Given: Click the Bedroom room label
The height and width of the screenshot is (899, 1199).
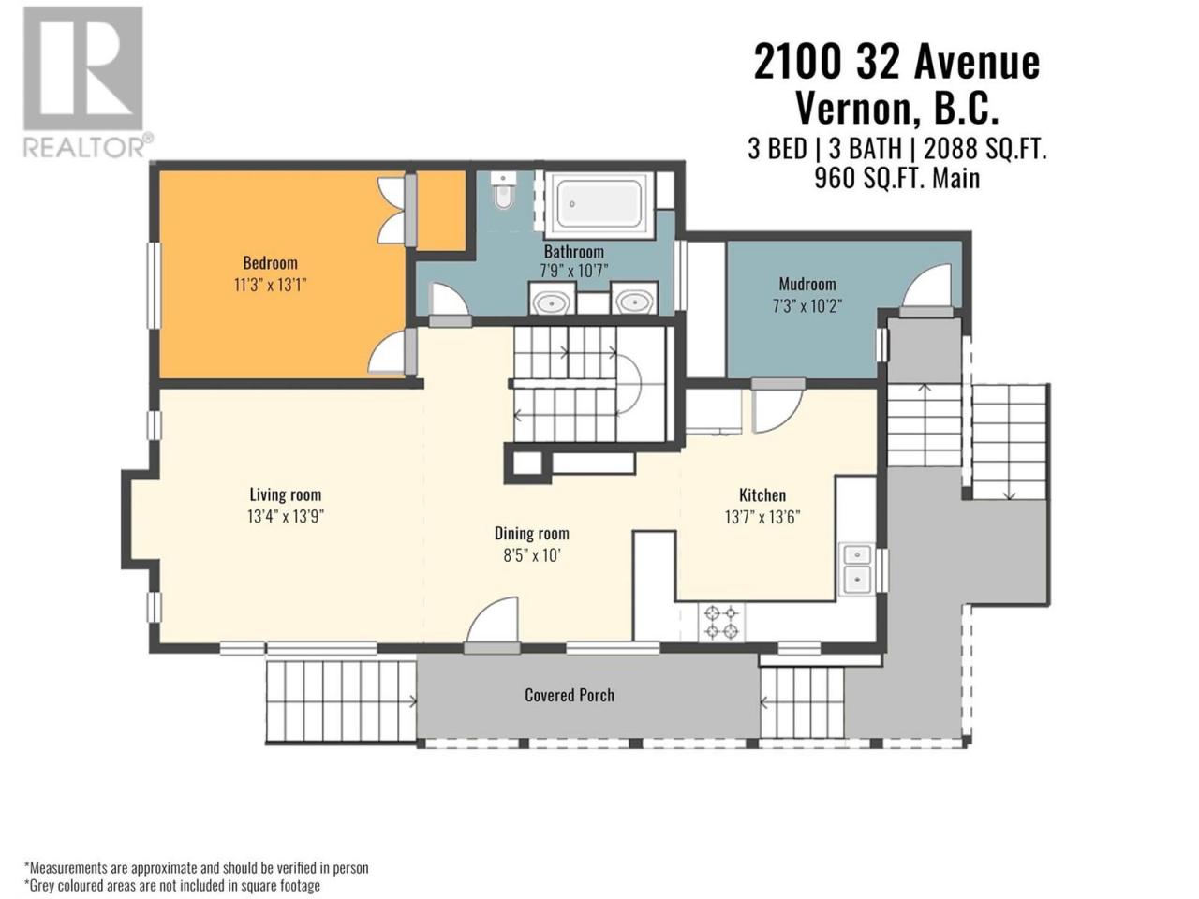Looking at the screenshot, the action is click(x=270, y=263).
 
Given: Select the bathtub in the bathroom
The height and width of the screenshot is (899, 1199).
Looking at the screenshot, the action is click(x=599, y=205).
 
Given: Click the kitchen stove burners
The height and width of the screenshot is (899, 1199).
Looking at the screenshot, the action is click(x=721, y=623).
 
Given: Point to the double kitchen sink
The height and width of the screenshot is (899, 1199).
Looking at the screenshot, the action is click(x=857, y=568).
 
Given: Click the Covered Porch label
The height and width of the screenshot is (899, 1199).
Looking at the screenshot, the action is click(x=570, y=696).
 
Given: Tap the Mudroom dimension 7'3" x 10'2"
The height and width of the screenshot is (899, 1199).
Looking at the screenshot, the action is click(x=807, y=305).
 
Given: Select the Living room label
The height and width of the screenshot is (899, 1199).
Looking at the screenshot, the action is click(x=285, y=494).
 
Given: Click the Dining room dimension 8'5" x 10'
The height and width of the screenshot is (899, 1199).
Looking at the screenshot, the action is click(x=532, y=555).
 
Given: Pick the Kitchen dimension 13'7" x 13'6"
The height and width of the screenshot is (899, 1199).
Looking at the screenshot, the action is click(x=762, y=516).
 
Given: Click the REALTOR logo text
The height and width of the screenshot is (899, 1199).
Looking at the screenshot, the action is click(x=87, y=147).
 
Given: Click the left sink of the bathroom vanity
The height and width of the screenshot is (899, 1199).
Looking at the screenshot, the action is click(x=551, y=302).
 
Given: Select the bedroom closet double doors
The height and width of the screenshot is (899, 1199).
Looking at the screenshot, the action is click(x=393, y=209).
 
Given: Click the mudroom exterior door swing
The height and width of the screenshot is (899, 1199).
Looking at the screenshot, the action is click(x=926, y=286).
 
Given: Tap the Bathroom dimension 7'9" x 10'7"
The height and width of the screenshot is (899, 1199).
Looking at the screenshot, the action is click(x=573, y=271).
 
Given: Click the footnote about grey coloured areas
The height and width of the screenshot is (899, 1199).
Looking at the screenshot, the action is click(x=172, y=885).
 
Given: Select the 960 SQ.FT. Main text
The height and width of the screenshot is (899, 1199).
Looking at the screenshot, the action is click(x=897, y=179).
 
